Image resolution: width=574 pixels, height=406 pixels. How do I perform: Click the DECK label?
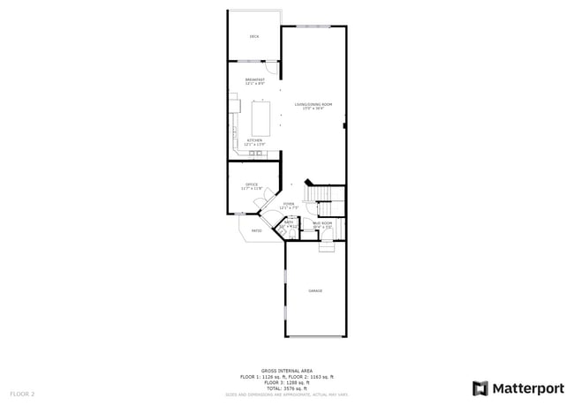point(254,36)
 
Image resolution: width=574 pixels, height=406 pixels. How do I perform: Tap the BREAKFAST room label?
point(255,79)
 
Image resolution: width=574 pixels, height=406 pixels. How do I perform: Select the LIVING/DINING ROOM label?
point(313,105)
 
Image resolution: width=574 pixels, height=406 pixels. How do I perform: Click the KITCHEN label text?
point(255,140)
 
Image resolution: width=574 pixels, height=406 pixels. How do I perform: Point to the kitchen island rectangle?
point(263,116)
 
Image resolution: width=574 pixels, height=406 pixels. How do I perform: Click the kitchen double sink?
point(255,154)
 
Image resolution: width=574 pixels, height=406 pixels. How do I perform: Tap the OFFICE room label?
point(252,184)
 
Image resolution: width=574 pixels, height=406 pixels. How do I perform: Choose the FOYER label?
point(289,204)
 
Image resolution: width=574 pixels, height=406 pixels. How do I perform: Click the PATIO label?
point(257,231)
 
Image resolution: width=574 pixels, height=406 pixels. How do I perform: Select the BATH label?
point(288,222)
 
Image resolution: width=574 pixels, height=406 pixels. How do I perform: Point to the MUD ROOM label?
point(322,223)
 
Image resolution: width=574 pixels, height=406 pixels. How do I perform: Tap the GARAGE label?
point(315,290)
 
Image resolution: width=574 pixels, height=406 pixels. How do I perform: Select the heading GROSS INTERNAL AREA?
point(287,371)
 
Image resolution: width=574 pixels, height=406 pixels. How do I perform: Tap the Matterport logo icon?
point(480,388)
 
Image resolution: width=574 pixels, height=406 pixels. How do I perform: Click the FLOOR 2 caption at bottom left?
point(22,393)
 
